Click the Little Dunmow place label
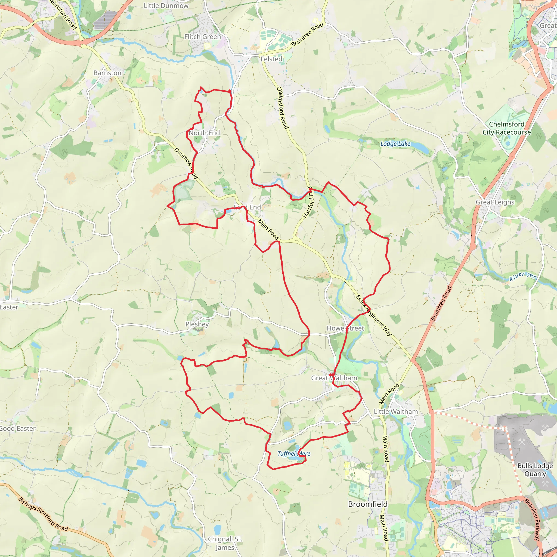[166, 6]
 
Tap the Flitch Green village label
[202, 37]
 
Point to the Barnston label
[107, 73]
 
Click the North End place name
[204, 133]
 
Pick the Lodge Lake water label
[395, 144]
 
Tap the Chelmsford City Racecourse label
[506, 128]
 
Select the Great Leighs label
[495, 202]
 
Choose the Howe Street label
[345, 328]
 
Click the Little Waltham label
[395, 412]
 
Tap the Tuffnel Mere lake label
[293, 453]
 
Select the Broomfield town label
[368, 504]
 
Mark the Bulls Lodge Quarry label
[535, 470]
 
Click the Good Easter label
[17, 428]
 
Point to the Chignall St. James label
[225, 543]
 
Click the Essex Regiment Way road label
[374, 315]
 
